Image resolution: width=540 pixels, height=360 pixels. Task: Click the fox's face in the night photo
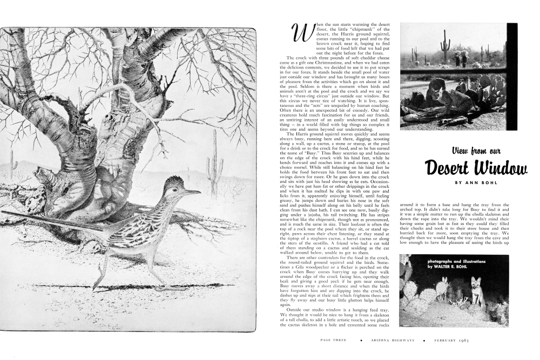point(475,285)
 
